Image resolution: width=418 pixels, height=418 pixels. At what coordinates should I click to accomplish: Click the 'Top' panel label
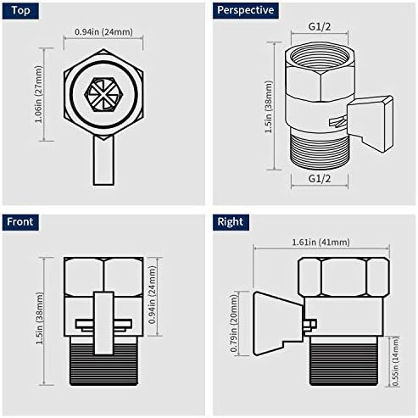tap(20, 11)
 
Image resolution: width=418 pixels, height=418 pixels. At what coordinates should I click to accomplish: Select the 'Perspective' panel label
tap(246, 11)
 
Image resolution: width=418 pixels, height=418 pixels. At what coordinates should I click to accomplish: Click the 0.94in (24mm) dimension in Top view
tap(103, 32)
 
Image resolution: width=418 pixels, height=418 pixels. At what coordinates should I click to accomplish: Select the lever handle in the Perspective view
tap(374, 111)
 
